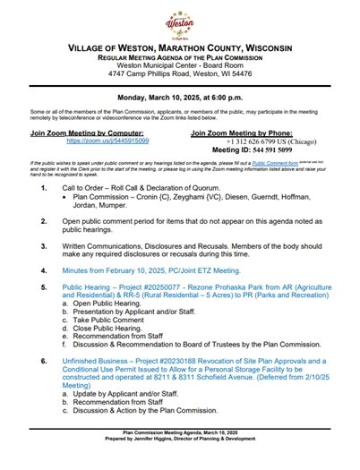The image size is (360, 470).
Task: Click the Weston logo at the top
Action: click(x=180, y=21)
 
